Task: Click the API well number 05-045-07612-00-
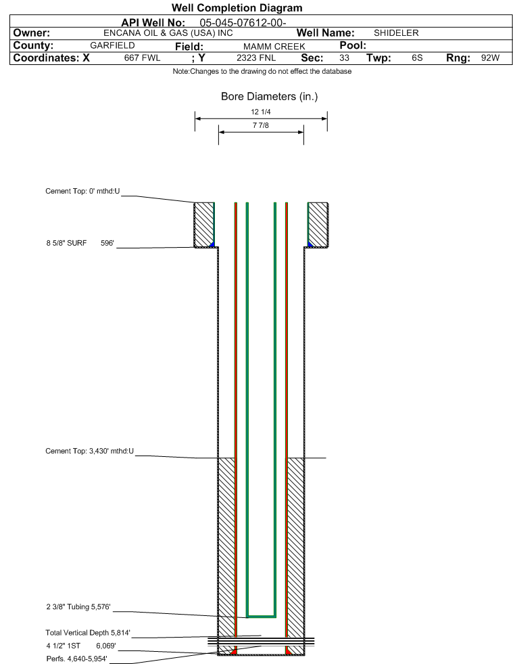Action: coord(243,23)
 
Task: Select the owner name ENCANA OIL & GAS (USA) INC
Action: coord(168,33)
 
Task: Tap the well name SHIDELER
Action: coord(396,33)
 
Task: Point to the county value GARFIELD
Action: coord(112,45)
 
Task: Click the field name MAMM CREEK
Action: coord(274,46)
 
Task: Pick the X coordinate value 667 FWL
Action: coord(142,58)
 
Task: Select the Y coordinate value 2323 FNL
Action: coord(256,58)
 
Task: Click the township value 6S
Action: coord(417,58)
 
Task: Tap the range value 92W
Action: coord(490,58)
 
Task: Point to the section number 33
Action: coord(344,58)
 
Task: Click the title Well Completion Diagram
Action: coord(237,7)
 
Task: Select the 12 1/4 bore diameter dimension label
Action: coord(260,112)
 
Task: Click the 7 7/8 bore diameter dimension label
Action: coord(260,125)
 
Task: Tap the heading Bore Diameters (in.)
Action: coord(270,97)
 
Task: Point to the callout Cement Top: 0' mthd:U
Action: coord(82,191)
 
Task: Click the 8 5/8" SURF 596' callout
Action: coord(80,243)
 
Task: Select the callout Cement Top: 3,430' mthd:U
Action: coord(90,451)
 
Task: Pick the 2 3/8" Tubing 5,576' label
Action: coord(78,607)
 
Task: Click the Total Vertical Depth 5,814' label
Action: coord(88,633)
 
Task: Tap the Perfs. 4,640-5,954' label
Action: coord(76,659)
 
